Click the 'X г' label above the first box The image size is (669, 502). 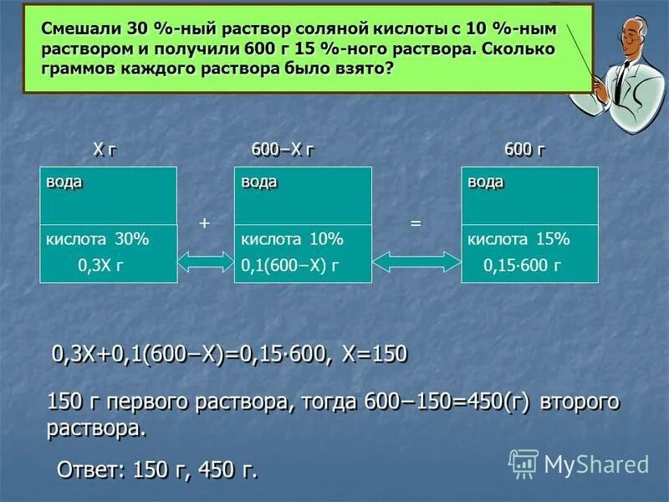104,150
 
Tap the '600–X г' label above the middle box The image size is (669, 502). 283,150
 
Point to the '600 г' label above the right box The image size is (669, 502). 524,150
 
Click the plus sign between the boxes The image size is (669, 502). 203,223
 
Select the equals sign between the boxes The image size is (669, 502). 415,224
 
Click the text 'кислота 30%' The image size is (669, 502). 97,239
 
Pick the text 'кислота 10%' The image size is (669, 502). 292,239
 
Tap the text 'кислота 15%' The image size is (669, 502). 518,239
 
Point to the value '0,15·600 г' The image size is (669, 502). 522,266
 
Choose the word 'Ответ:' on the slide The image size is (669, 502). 89,470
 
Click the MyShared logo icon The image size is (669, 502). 523,464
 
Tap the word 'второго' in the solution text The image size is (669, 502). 580,402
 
